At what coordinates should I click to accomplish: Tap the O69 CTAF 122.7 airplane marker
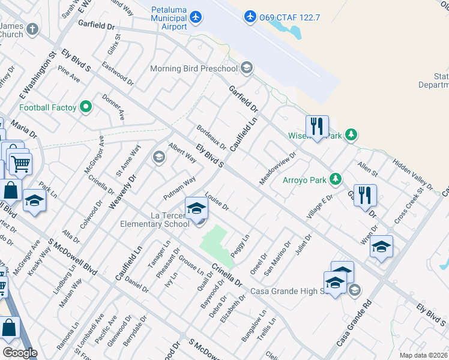point(250,16)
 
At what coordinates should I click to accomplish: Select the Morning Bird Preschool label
point(194,68)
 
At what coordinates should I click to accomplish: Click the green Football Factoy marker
point(86,107)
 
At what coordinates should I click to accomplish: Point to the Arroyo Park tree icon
point(335,179)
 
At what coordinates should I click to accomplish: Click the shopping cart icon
point(20,162)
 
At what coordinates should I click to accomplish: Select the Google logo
point(19,352)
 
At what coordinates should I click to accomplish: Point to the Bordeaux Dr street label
point(211,137)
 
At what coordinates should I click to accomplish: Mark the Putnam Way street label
point(179,188)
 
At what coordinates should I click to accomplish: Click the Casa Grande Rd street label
point(354,321)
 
